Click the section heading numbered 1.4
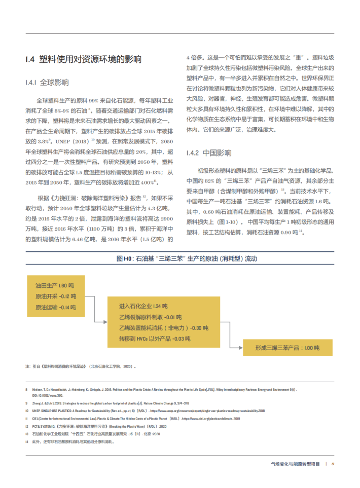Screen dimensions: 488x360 click(83, 60)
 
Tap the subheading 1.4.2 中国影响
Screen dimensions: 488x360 click(209, 153)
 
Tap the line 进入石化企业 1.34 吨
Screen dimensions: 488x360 click(143, 307)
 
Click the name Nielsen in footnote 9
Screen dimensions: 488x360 click(38, 390)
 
